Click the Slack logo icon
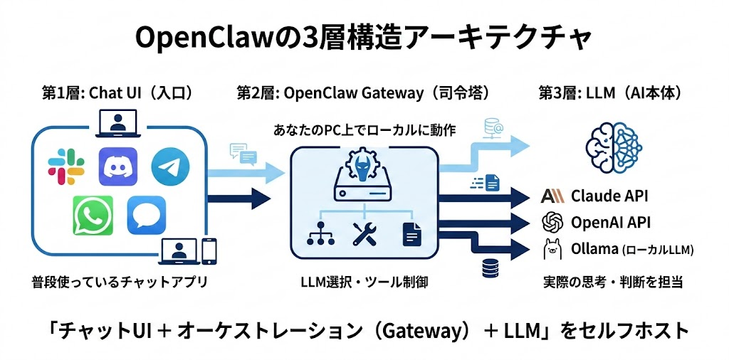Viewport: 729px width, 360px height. pos(66,166)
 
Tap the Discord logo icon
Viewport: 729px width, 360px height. pos(117,166)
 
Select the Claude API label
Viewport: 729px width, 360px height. pos(609,196)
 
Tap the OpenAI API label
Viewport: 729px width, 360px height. pos(610,222)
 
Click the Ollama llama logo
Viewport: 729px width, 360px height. pos(552,249)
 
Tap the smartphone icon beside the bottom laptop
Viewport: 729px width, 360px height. pos(209,250)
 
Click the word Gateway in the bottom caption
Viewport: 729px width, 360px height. pos(413,331)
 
